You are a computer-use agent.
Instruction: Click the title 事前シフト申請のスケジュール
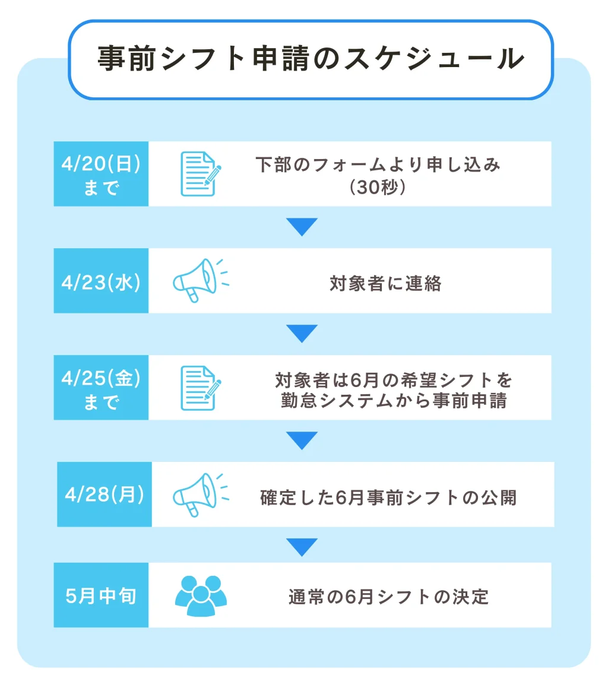point(311,59)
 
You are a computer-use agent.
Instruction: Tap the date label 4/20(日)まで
point(101,174)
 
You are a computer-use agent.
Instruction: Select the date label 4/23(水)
point(101,282)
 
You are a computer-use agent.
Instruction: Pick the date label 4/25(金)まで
point(101,388)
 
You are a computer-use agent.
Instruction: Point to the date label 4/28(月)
point(104,494)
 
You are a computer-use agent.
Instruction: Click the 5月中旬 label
point(101,595)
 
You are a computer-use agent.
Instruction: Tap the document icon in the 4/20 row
point(201,174)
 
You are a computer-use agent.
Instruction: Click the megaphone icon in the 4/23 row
point(201,281)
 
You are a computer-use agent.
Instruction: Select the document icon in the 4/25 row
point(201,388)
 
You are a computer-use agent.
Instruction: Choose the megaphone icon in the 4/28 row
point(201,495)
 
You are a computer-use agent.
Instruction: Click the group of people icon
point(201,595)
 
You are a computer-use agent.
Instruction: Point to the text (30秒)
point(378,187)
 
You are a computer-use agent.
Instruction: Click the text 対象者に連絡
point(385,283)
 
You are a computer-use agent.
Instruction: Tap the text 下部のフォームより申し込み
point(378,164)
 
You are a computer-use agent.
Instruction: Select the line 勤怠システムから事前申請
point(394,400)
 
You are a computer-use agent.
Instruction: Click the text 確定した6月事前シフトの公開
point(388,497)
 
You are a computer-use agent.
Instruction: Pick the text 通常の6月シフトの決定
point(388,597)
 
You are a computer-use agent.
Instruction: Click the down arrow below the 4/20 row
point(302,227)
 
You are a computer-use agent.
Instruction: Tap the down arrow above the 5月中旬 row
point(302,547)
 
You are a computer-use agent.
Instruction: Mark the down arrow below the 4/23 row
point(302,334)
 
